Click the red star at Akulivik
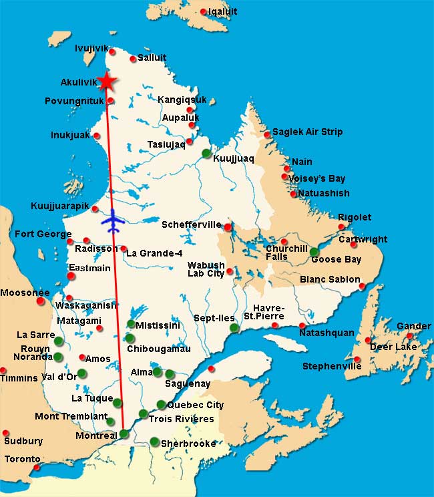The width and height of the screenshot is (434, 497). point(106,81)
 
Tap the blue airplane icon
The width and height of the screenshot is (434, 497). point(114,219)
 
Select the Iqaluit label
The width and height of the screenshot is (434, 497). point(222,11)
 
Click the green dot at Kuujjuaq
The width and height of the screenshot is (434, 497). point(206,153)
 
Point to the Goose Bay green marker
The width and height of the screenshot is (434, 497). point(314,252)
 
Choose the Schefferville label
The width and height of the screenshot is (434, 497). point(191,225)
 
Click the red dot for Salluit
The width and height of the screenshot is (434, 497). point(133,59)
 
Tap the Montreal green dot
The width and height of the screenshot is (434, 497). point(124,434)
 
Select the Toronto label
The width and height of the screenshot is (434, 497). point(23,459)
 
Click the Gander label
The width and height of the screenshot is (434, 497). point(414,326)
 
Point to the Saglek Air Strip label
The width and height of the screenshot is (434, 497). point(307,132)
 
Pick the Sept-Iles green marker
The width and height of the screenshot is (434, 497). point(234,327)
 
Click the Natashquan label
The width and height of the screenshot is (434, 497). point(327,333)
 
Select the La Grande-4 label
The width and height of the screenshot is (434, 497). point(154,253)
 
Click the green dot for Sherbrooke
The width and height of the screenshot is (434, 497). point(154,442)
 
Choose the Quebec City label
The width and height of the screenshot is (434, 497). point(195,405)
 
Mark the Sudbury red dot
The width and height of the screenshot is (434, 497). point(6,433)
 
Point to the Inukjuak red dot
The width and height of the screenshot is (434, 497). point(97,136)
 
